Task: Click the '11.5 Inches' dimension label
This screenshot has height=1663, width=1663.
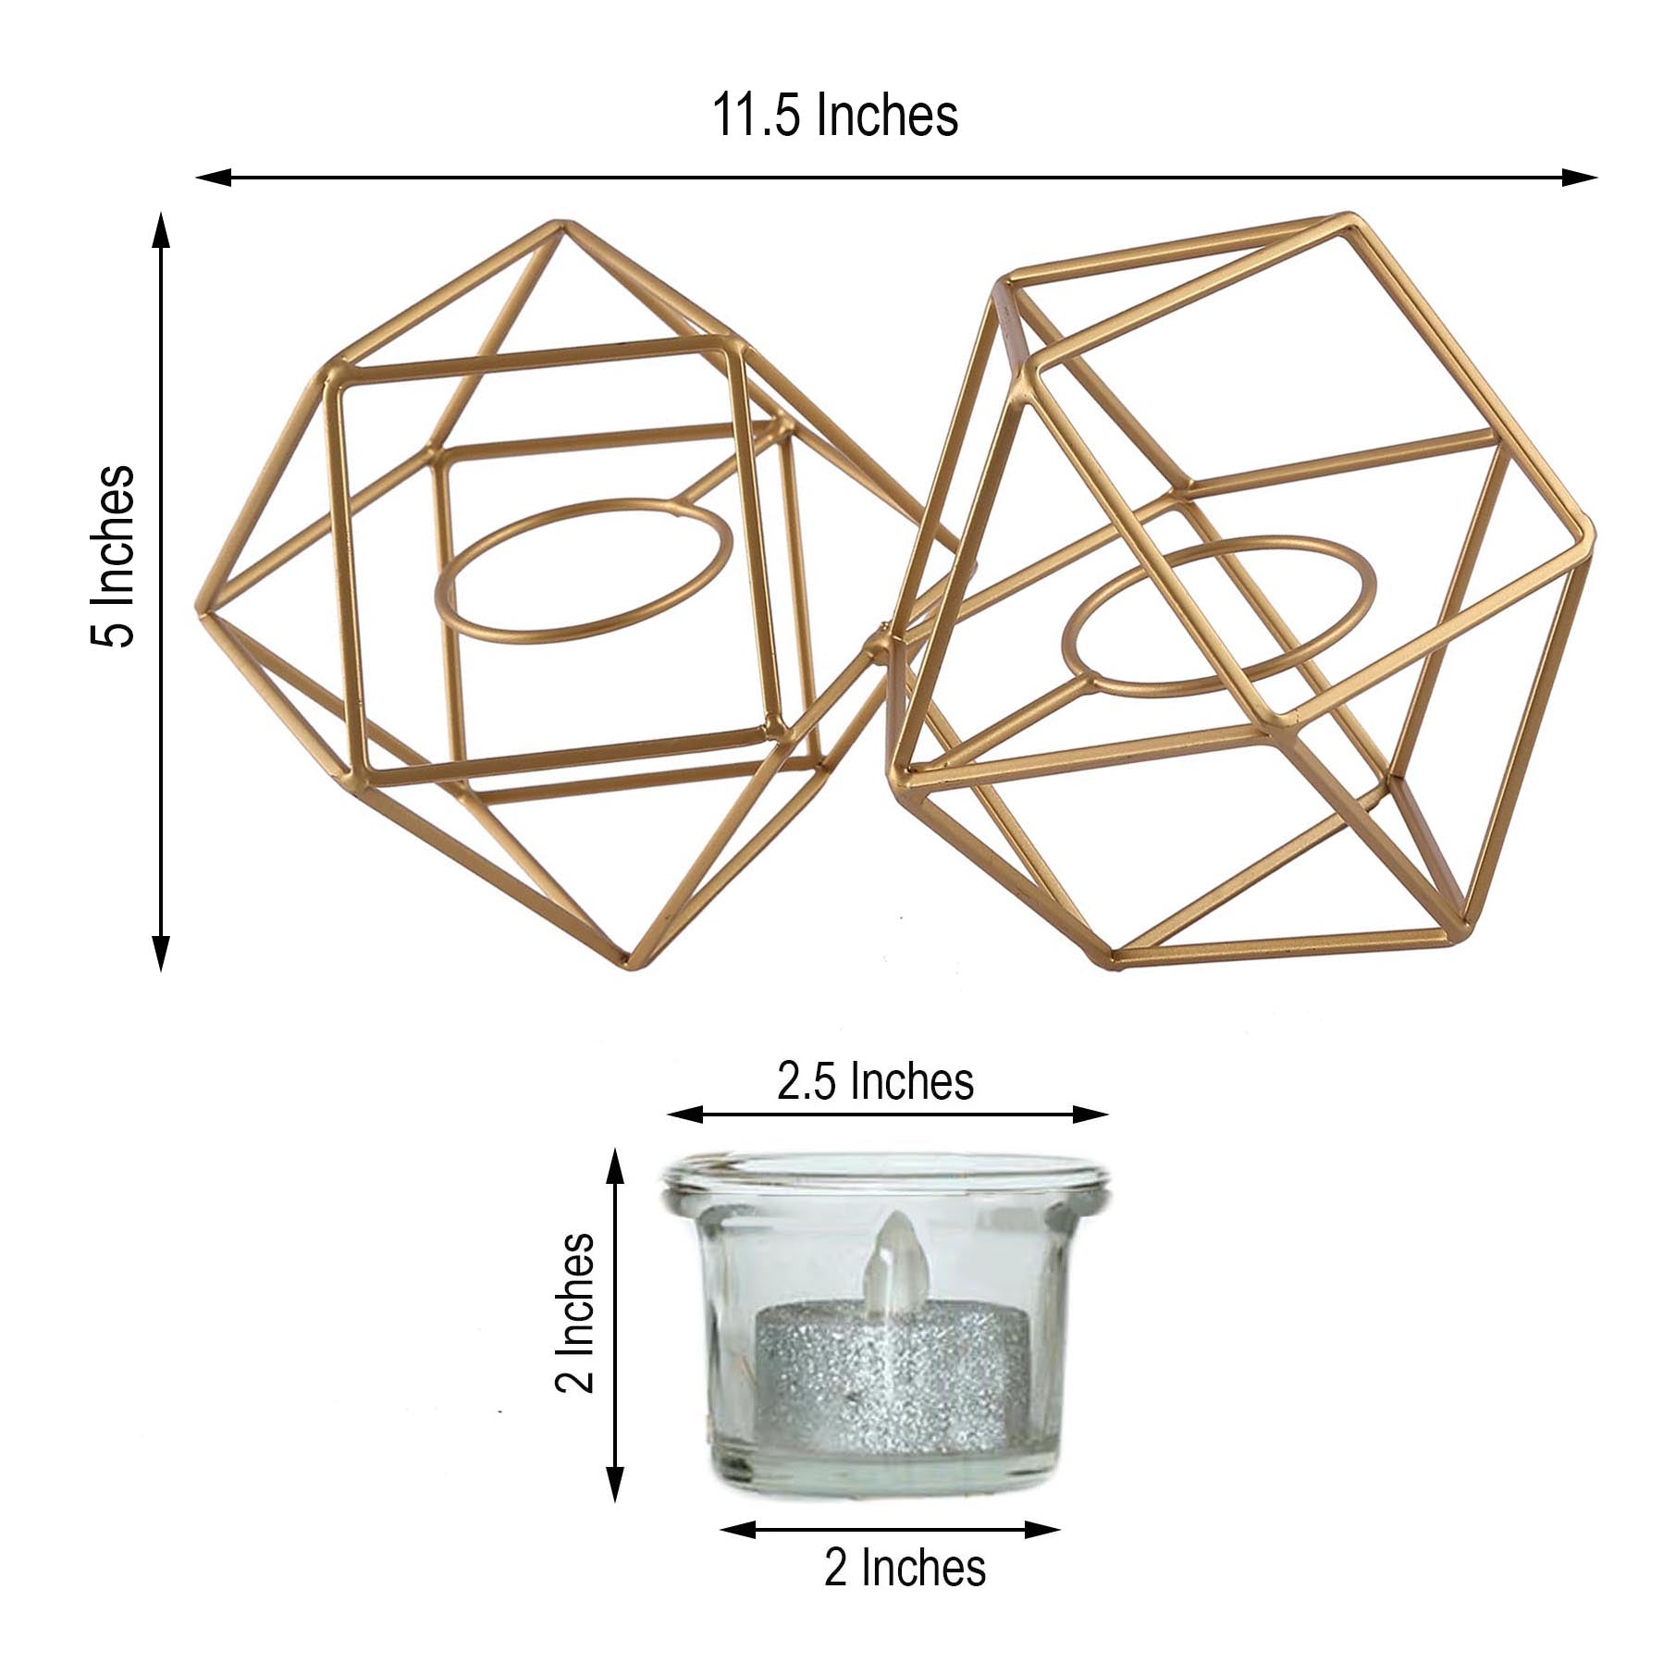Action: [834, 117]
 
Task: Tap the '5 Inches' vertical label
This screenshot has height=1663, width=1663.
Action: [113, 555]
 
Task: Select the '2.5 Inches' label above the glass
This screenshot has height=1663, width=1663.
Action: [874, 1081]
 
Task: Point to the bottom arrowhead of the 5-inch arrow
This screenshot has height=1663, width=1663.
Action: [161, 955]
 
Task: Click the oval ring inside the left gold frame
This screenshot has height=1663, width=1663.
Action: [585, 570]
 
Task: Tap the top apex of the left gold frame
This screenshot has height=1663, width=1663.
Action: [558, 225]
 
